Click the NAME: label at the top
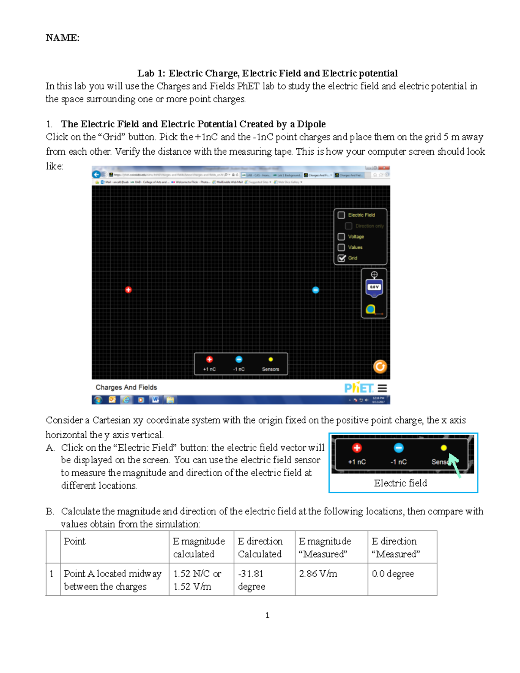62,38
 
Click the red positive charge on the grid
128,290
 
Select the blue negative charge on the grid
315,290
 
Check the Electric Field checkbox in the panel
341,215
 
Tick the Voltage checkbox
341,237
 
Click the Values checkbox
341,247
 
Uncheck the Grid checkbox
341,258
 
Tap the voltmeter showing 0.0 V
374,286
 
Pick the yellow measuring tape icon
370,309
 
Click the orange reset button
380,367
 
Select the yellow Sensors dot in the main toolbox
270,360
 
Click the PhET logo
358,387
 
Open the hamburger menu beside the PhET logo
382,388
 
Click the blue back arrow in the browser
97,175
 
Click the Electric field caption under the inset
400,483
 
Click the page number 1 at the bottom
267,615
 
